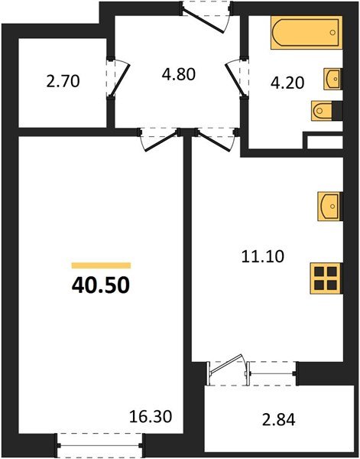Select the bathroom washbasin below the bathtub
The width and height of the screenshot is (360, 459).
point(333,79)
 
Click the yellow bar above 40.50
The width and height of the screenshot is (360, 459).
point(100,265)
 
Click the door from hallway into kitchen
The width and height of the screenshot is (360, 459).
point(213,138)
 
